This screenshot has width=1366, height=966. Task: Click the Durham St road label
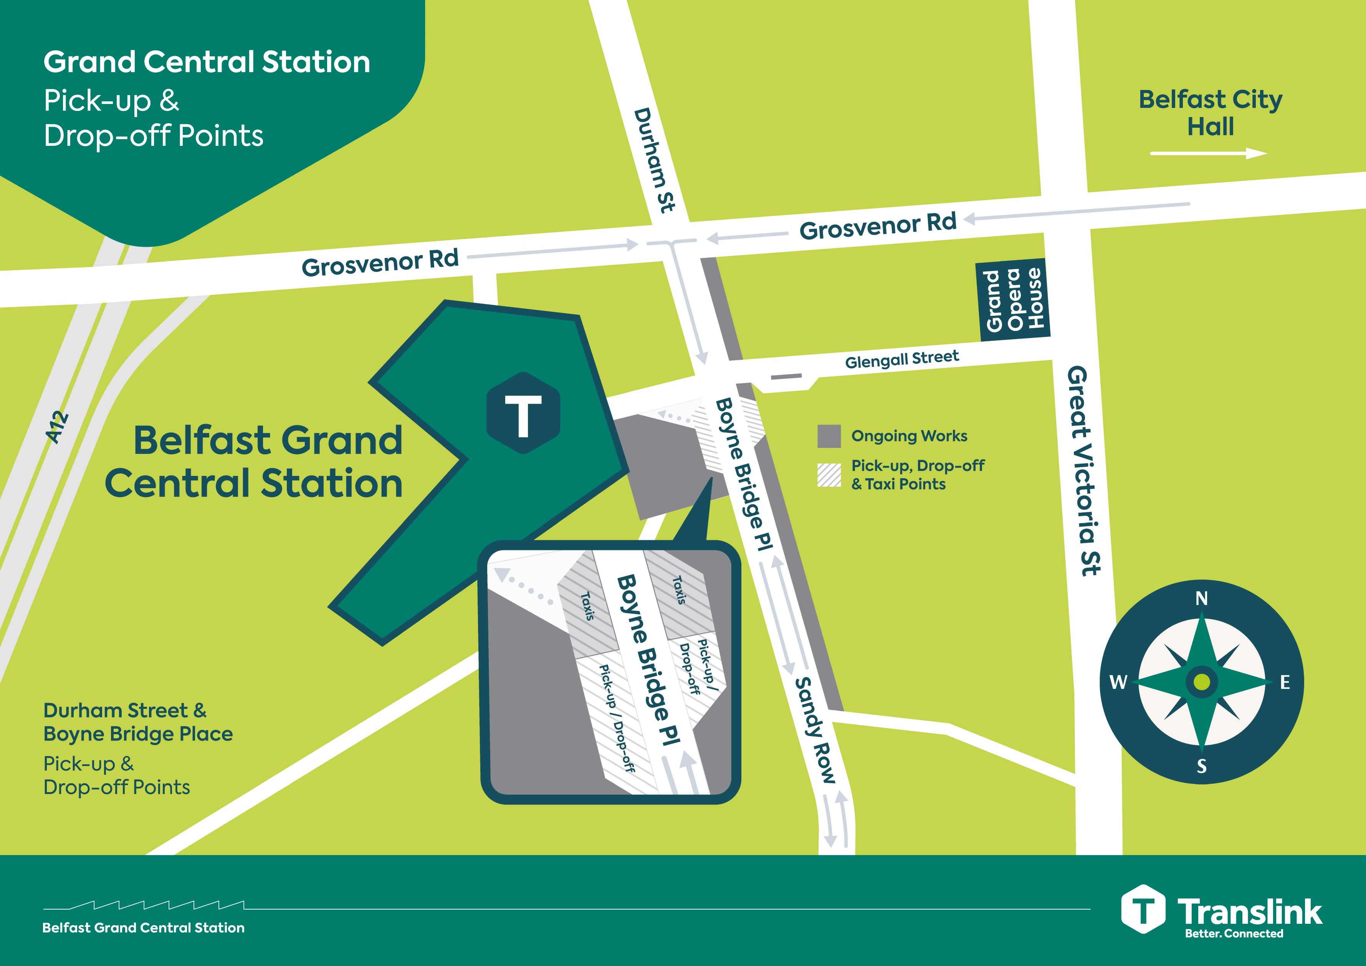655,160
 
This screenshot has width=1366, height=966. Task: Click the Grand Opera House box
1013,300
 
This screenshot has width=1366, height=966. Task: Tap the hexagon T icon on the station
523,413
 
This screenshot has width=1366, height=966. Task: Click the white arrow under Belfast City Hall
1208,154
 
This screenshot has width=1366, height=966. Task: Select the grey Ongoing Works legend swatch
829,436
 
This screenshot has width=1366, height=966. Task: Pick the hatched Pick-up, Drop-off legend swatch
829,475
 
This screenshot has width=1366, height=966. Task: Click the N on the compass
1201,598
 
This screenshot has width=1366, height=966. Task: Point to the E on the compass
1285,682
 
